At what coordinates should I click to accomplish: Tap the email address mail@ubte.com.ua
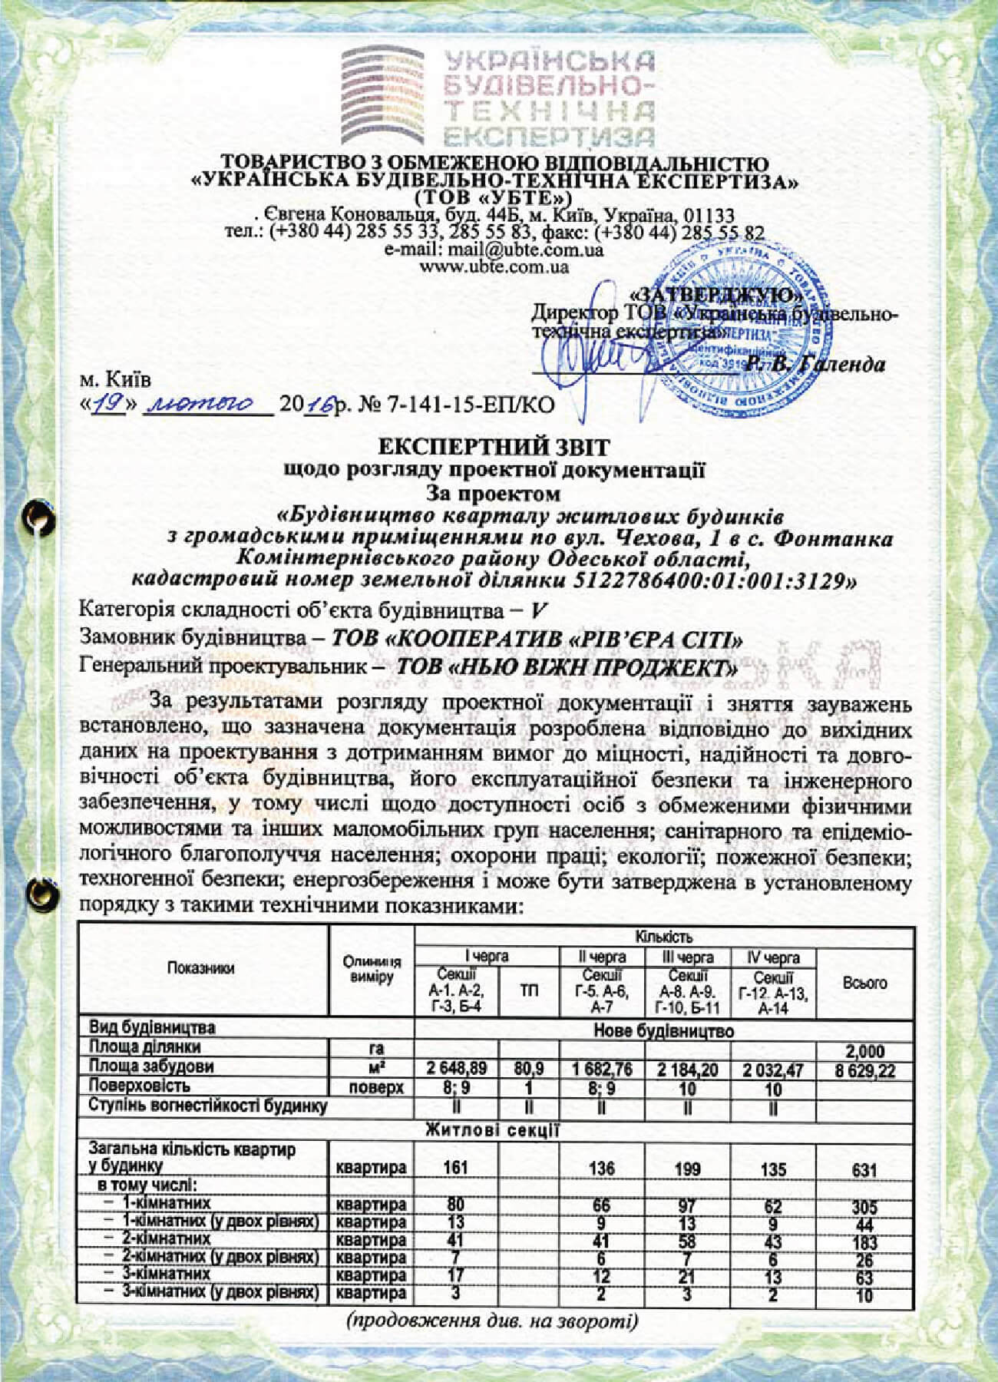(494, 250)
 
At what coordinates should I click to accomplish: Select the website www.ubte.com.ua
(494, 267)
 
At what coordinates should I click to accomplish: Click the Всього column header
(865, 983)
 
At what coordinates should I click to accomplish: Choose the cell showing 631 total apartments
(865, 1169)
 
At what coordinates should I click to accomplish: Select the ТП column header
(529, 992)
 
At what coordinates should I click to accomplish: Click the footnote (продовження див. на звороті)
(492, 1322)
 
